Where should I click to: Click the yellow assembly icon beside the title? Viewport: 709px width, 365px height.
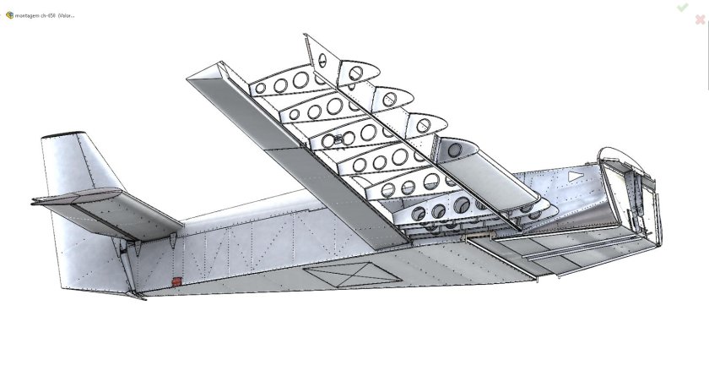(9, 15)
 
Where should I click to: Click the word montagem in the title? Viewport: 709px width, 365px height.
(29, 15)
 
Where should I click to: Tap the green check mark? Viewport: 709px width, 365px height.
(681, 8)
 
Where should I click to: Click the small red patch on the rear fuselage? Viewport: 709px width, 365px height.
(176, 281)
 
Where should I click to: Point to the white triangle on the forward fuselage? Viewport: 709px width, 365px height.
(575, 176)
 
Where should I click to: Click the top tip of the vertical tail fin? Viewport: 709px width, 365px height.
(63, 135)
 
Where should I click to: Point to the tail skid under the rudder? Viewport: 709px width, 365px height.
(135, 295)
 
